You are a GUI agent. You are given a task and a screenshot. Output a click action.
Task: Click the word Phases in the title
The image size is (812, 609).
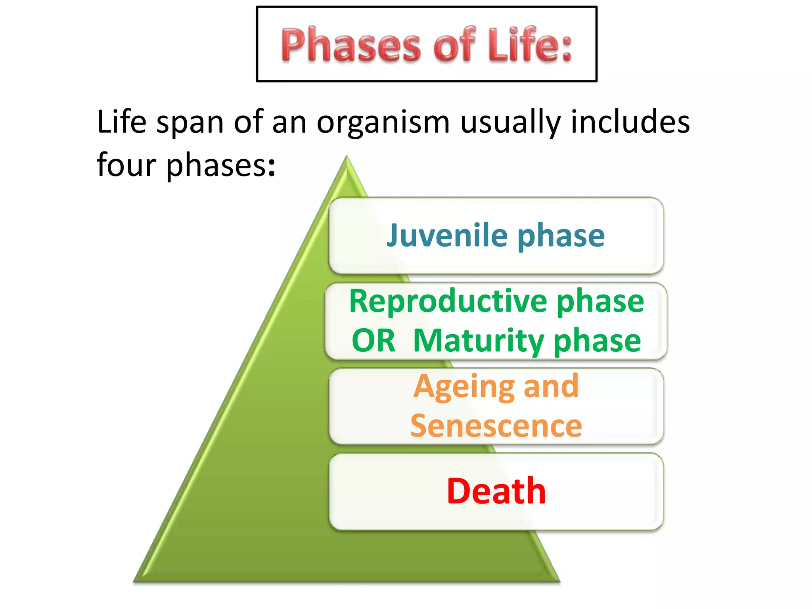(x=351, y=46)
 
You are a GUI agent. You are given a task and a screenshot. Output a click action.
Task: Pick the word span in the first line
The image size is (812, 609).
(x=190, y=123)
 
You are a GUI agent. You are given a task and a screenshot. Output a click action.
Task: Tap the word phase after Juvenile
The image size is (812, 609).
(x=561, y=236)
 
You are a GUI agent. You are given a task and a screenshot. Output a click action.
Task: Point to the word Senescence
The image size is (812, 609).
(x=496, y=426)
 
